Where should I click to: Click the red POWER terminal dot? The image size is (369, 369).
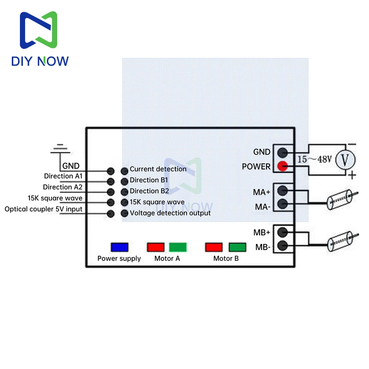tap(282, 166)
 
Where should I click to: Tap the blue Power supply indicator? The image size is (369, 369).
tap(120, 247)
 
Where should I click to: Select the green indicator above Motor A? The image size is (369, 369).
tap(178, 247)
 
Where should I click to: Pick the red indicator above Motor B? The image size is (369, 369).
tap(214, 247)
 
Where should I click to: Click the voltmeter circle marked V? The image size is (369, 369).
tap(345, 160)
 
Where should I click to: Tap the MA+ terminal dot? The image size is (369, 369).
tap(282, 191)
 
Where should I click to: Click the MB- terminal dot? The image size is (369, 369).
tap(282, 246)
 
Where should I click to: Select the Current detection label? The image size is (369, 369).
tap(158, 169)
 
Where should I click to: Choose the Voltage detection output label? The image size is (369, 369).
tap(170, 213)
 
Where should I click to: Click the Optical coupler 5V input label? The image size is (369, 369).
tap(44, 209)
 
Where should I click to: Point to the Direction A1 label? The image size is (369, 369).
tap(63, 176)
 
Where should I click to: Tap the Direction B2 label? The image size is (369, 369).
tap(149, 191)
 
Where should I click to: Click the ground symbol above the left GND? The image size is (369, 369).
tap(60, 149)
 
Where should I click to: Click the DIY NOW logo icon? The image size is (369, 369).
tap(39, 30)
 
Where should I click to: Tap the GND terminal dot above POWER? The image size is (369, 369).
tap(282, 153)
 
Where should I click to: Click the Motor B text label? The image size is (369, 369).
tap(226, 258)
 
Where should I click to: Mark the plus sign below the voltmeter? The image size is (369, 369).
tap(352, 175)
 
